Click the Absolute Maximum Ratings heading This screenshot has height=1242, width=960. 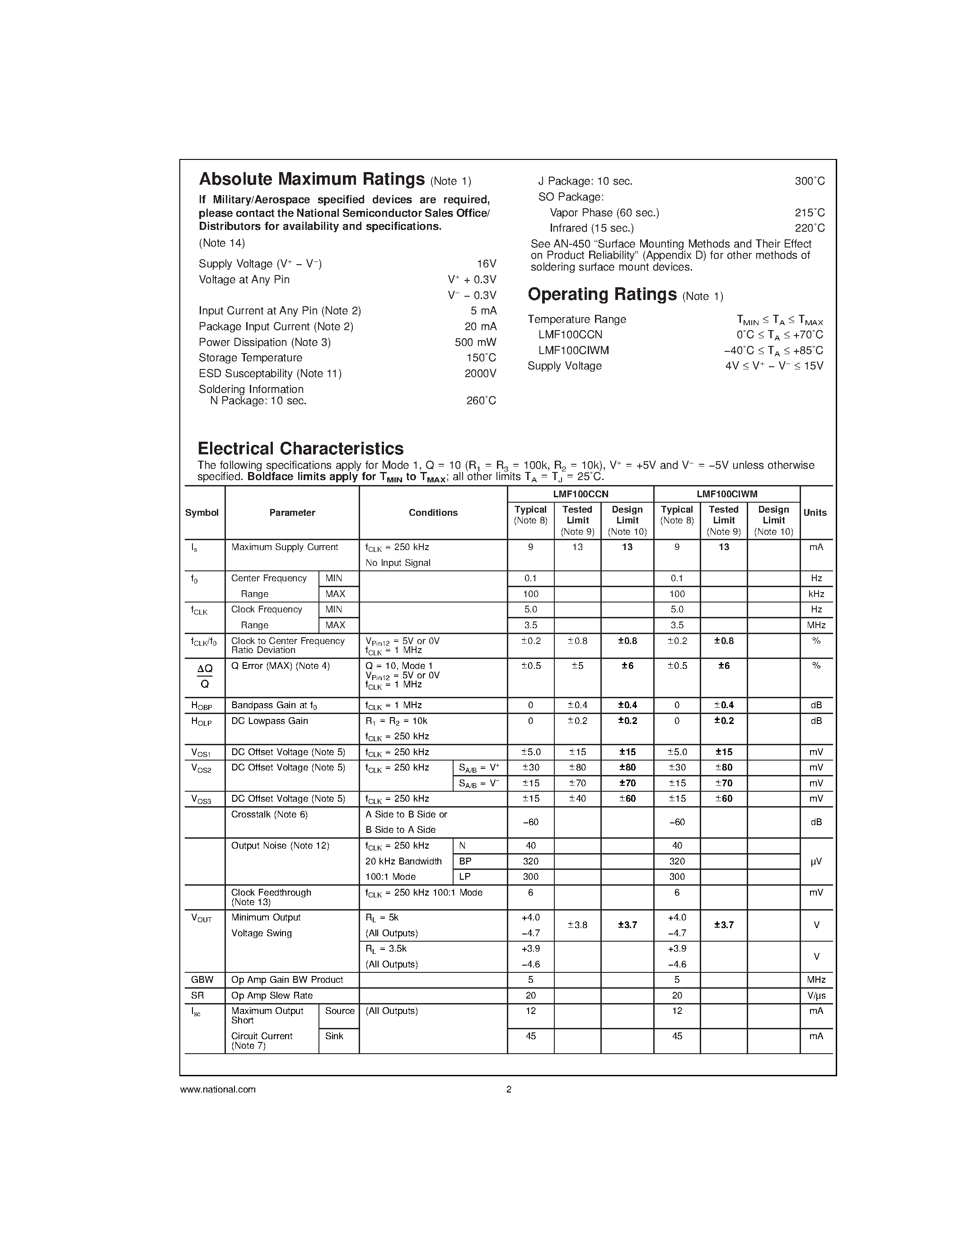tap(312, 180)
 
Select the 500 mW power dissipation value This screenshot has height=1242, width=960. tap(475, 342)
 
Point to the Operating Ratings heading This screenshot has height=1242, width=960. tap(602, 294)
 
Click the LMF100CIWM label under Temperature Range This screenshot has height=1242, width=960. tap(573, 350)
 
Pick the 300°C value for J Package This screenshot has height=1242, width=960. tap(809, 182)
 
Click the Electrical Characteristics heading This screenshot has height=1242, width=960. tap(300, 448)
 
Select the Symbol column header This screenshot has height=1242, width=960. tap(202, 513)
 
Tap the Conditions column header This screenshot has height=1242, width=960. tap(433, 513)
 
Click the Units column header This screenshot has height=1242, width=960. tap(815, 513)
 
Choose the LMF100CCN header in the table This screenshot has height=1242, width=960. tap(580, 495)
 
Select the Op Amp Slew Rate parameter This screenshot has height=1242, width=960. tap(272, 995)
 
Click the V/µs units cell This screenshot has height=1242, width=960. tap(816, 995)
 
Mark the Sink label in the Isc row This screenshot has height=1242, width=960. tap(334, 1036)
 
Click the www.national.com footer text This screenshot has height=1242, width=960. tap(218, 1090)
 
